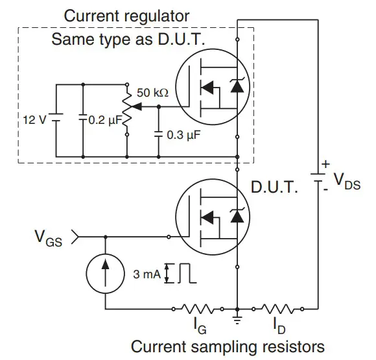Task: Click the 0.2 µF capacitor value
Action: tap(104, 120)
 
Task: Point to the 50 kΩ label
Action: tap(154, 93)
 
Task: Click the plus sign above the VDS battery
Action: tap(326, 164)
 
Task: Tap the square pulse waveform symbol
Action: tap(187, 273)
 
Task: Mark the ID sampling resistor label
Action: tap(277, 322)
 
